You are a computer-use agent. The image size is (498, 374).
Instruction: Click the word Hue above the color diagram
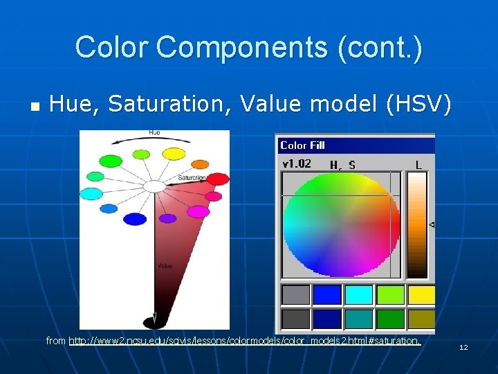(x=154, y=132)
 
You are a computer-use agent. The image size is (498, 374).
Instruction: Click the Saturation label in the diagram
(x=192, y=177)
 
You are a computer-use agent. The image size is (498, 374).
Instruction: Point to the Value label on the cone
(x=165, y=265)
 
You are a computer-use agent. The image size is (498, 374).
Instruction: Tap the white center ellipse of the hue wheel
(x=155, y=186)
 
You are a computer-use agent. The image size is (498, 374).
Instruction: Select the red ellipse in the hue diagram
(x=218, y=179)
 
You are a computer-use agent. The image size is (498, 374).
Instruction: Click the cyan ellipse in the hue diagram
(x=91, y=194)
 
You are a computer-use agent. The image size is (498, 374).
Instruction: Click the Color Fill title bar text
(x=302, y=145)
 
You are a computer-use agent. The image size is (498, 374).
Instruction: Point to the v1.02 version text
(x=297, y=164)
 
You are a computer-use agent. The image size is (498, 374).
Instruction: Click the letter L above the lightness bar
(x=418, y=165)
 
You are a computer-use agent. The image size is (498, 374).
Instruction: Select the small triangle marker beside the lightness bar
(x=432, y=224)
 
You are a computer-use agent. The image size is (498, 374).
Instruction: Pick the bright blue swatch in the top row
(x=327, y=294)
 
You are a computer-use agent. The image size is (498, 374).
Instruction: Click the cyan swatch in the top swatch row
(x=359, y=294)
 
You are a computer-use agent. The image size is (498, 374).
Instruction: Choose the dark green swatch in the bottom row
(x=391, y=319)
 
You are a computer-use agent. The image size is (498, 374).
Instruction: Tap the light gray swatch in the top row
(x=295, y=294)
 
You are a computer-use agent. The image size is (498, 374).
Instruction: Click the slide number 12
(x=463, y=347)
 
